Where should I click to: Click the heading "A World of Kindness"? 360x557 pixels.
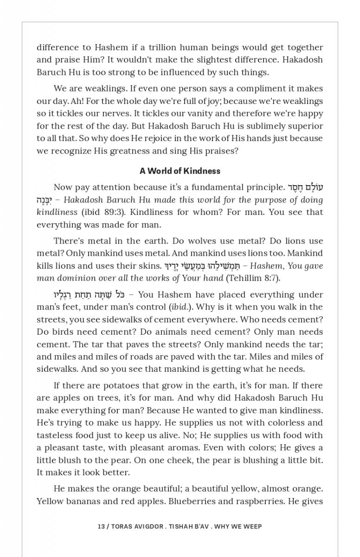tap(180, 171)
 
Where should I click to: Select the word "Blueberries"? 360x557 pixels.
tap(191, 501)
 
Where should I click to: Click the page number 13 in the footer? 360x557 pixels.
tap(101, 526)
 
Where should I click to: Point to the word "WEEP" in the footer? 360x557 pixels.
tap(252, 526)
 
